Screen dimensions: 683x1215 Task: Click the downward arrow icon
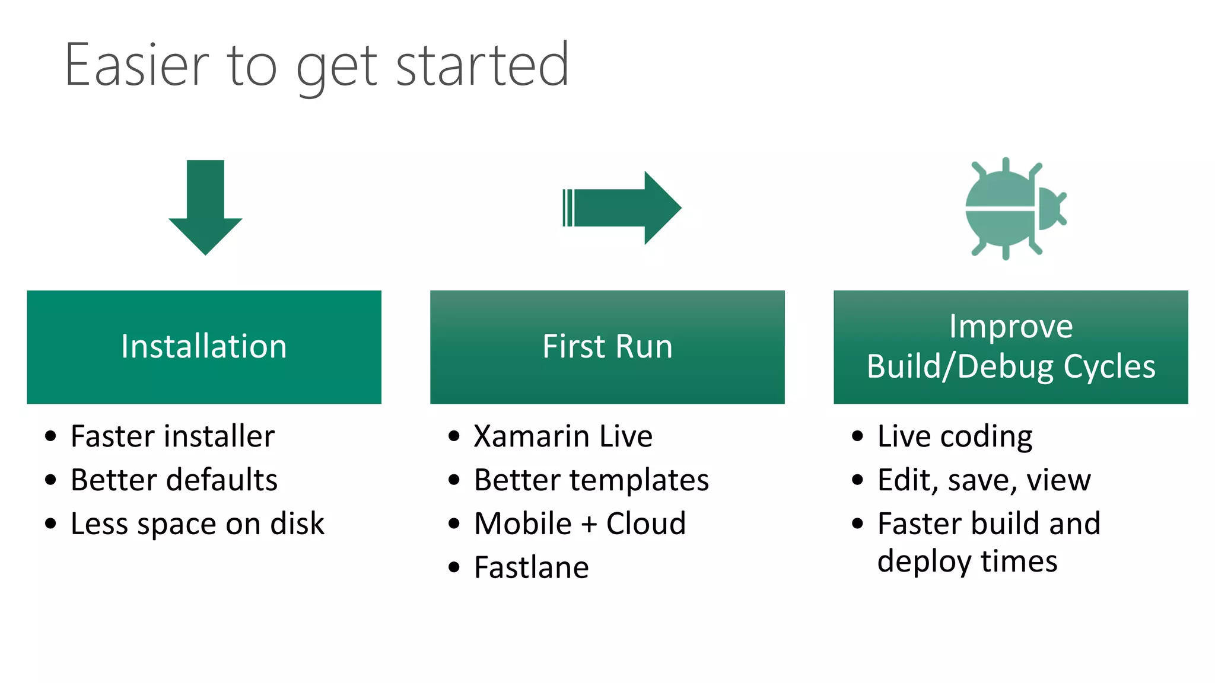pos(205,208)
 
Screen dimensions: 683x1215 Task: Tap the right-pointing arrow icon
pos(623,208)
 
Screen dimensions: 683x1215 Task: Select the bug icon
pos(1014,208)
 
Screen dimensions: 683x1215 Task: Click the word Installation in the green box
pos(204,346)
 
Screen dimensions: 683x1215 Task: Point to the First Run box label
pos(607,346)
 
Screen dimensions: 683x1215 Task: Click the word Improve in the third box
pos(1011,326)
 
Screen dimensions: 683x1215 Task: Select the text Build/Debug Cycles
pos(1011,366)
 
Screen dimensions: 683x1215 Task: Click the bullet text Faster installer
pos(172,436)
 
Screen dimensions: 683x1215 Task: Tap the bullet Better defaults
pos(174,480)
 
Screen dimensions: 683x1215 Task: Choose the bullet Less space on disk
pos(197,524)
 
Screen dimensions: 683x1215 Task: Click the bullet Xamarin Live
pos(563,436)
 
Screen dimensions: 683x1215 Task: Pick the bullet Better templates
pos(591,480)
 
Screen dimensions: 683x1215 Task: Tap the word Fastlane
pos(532,567)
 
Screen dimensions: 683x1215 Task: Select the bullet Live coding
pos(955,436)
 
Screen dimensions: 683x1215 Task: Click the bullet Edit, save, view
pos(984,480)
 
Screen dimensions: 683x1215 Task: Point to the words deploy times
pos(967,561)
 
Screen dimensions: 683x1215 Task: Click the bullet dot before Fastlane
pos(454,568)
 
